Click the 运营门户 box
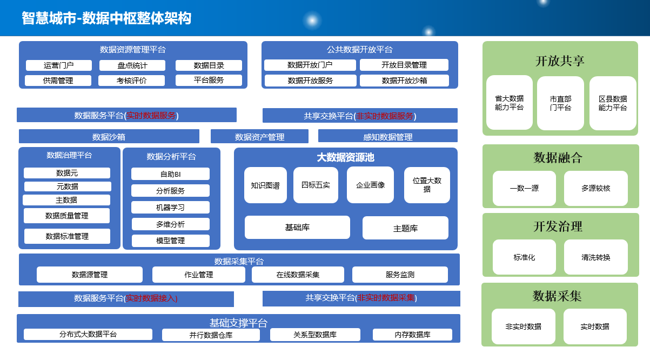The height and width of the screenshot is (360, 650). click(x=58, y=65)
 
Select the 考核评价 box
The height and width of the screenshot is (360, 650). click(x=131, y=81)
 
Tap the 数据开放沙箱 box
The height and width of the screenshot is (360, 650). click(x=404, y=81)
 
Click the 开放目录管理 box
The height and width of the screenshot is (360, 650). click(x=404, y=65)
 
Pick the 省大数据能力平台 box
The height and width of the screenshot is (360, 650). click(x=510, y=103)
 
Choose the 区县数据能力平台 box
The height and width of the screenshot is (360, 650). click(x=613, y=103)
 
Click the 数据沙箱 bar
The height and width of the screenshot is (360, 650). click(x=109, y=136)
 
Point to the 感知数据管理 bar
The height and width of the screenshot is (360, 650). click(x=388, y=136)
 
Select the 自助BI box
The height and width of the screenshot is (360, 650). click(x=170, y=174)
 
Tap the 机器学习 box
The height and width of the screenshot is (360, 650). click(x=170, y=207)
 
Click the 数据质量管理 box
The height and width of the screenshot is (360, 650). click(x=67, y=216)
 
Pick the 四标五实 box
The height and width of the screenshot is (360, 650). click(x=316, y=185)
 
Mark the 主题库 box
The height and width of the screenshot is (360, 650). click(x=405, y=228)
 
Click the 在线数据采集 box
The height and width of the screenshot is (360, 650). click(x=298, y=275)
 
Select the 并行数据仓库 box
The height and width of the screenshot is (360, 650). click(x=211, y=335)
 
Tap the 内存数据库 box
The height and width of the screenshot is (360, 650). click(x=412, y=335)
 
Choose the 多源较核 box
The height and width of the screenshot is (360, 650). click(x=596, y=188)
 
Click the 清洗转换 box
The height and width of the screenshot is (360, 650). click(x=596, y=257)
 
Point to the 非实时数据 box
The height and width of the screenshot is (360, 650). click(x=523, y=326)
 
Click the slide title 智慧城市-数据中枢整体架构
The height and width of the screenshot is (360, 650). click(x=106, y=18)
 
